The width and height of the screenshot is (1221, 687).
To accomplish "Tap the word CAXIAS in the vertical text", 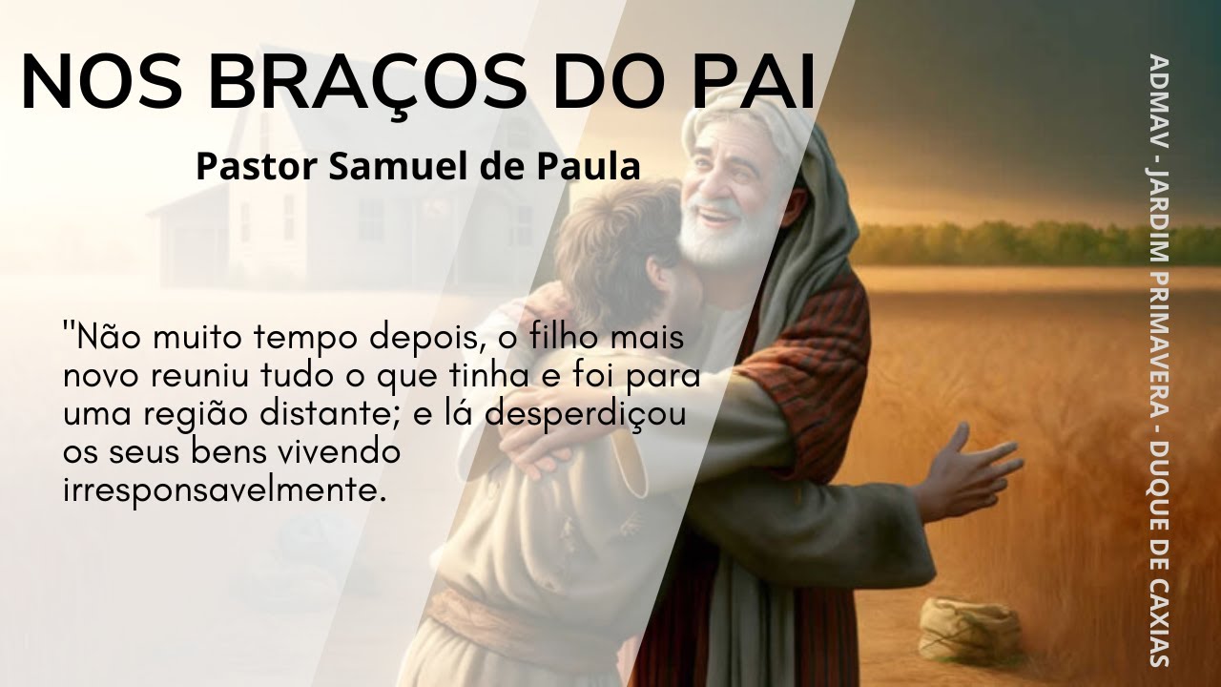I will coord(1160,611).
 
